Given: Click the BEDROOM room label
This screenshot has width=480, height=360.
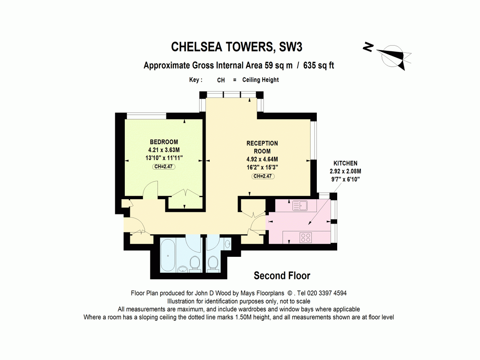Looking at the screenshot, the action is click(x=164, y=142).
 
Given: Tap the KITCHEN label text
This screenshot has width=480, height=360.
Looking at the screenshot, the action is click(x=345, y=163).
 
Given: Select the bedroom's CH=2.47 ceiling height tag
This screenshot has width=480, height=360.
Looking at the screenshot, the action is click(x=164, y=166).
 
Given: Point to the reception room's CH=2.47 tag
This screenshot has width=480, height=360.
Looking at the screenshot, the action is click(x=263, y=176).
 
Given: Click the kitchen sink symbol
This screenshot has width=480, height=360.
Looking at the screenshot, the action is click(x=300, y=206).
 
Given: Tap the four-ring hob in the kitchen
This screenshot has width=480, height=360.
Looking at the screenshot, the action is click(x=306, y=238).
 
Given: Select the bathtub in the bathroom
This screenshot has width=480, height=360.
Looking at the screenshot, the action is click(x=168, y=255).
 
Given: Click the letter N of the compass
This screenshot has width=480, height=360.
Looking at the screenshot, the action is click(x=368, y=47).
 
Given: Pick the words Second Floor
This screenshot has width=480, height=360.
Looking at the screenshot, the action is click(x=282, y=276).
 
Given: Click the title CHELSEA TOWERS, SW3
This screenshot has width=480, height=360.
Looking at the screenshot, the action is click(x=237, y=47).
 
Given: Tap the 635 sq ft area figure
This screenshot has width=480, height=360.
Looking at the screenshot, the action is click(x=319, y=65).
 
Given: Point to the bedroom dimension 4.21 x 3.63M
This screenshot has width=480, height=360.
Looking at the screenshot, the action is click(x=164, y=150).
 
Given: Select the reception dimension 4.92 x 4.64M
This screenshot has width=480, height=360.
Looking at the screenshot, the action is click(x=262, y=159).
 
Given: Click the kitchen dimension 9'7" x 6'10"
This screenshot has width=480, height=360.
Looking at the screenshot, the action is click(x=346, y=180).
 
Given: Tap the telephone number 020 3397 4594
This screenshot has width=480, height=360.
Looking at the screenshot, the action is click(x=327, y=293).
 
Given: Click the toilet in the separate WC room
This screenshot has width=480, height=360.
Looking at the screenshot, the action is click(x=212, y=264).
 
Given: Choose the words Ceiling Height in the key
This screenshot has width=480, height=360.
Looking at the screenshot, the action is click(x=260, y=80).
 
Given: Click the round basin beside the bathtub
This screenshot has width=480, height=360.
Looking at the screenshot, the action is click(x=182, y=269).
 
